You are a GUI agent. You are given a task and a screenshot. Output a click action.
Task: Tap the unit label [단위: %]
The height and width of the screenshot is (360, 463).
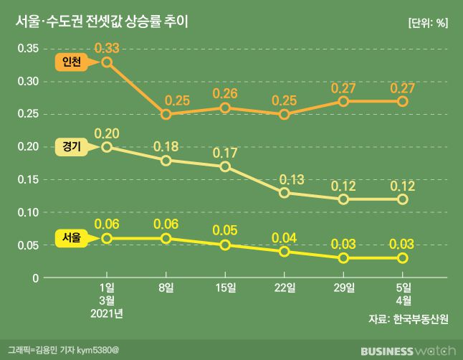(427, 22)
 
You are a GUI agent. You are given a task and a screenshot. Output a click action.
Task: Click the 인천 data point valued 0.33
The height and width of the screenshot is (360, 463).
(107, 62)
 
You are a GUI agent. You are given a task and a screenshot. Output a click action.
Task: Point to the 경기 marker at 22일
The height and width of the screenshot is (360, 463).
(285, 192)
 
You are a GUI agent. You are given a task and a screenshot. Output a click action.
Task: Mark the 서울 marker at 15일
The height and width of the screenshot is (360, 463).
(225, 245)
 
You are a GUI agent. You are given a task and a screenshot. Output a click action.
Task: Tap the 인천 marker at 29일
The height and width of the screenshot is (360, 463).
(344, 101)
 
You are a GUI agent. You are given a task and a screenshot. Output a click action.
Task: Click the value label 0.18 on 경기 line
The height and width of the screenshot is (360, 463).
(166, 147)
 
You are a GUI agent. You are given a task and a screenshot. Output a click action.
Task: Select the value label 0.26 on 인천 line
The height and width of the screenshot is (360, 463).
(225, 94)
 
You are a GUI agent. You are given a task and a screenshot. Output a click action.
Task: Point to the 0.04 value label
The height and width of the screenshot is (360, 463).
(285, 237)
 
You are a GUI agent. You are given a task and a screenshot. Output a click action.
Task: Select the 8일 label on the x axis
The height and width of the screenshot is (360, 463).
(166, 288)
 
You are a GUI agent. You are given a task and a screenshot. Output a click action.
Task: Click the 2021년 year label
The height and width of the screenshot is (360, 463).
(107, 314)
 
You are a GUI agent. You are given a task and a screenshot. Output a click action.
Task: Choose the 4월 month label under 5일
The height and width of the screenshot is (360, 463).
(403, 301)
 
